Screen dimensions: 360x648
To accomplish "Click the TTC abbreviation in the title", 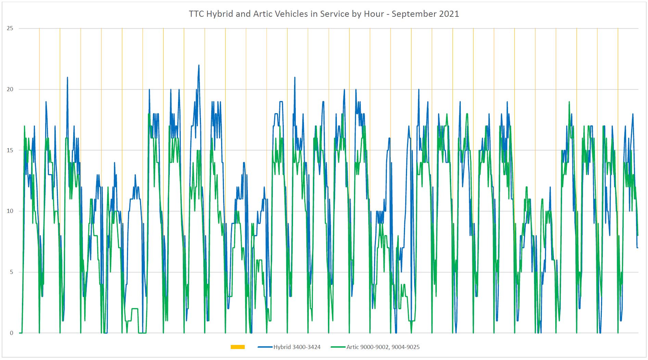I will pyautogui.click(x=196, y=14).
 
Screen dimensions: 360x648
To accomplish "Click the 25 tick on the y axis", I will pyautogui.click(x=10, y=28).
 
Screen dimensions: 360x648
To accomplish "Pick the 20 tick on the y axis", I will pyautogui.click(x=10, y=89).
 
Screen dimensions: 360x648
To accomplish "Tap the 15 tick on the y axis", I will pyautogui.click(x=10, y=150).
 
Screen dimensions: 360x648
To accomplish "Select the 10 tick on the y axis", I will pyautogui.click(x=10, y=211).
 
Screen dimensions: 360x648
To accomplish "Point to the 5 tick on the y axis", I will pyautogui.click(x=12, y=272).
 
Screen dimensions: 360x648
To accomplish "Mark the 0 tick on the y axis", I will pyautogui.click(x=12, y=333).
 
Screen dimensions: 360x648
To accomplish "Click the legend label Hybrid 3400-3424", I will pyautogui.click(x=297, y=347).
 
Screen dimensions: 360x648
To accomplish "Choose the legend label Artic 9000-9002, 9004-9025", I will pyautogui.click(x=383, y=347).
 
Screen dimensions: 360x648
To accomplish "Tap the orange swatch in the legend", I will pyautogui.click(x=238, y=347).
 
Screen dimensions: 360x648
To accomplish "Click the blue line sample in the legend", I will pyautogui.click(x=265, y=347).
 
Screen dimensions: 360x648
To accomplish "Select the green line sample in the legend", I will pyautogui.click(x=338, y=347).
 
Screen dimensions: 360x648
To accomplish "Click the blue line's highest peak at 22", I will pyautogui.click(x=199, y=65).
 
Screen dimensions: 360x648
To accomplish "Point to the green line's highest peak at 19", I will pyautogui.click(x=569, y=102).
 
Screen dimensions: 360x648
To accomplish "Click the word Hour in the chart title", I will pyautogui.click(x=375, y=14).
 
